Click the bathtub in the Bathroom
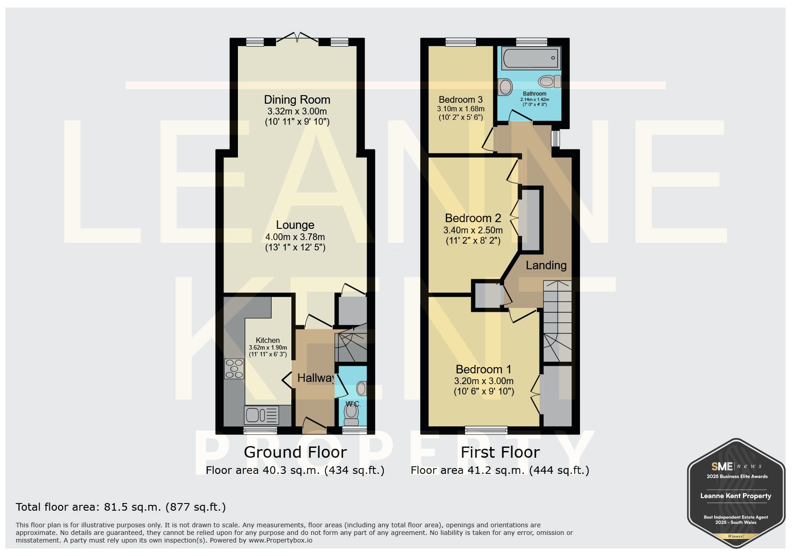(x=531, y=58)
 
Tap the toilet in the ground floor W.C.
(x=351, y=413)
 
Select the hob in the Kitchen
(x=234, y=369)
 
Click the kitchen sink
(x=261, y=415)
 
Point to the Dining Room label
(x=297, y=100)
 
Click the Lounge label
(x=295, y=225)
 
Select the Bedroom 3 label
(x=461, y=100)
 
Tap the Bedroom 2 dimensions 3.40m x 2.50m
(x=473, y=230)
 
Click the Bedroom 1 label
(x=483, y=369)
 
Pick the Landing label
(x=546, y=265)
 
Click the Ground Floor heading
(x=295, y=452)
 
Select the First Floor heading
(x=500, y=452)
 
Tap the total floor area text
(x=121, y=507)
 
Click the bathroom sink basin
(x=505, y=87)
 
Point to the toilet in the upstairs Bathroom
(x=549, y=81)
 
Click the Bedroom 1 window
(x=486, y=430)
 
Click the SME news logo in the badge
(x=736, y=467)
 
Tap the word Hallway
(x=316, y=378)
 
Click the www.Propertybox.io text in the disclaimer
(x=281, y=540)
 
